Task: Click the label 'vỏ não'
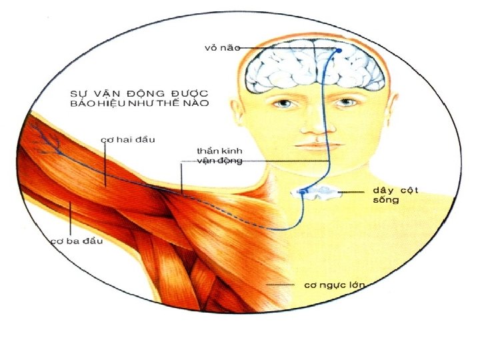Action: click(x=222, y=47)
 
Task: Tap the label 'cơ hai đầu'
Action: click(x=127, y=140)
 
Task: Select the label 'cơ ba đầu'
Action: click(x=77, y=241)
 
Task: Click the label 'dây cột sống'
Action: click(x=395, y=195)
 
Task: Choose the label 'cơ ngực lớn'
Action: click(x=335, y=285)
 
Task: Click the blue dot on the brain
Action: click(x=338, y=50)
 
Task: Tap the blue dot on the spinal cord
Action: click(x=302, y=193)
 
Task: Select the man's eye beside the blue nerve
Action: click(x=345, y=103)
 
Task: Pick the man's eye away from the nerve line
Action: click(x=285, y=103)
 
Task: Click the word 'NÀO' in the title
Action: click(x=197, y=103)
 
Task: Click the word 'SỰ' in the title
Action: click(x=79, y=93)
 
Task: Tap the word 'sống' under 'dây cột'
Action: click(x=385, y=200)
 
